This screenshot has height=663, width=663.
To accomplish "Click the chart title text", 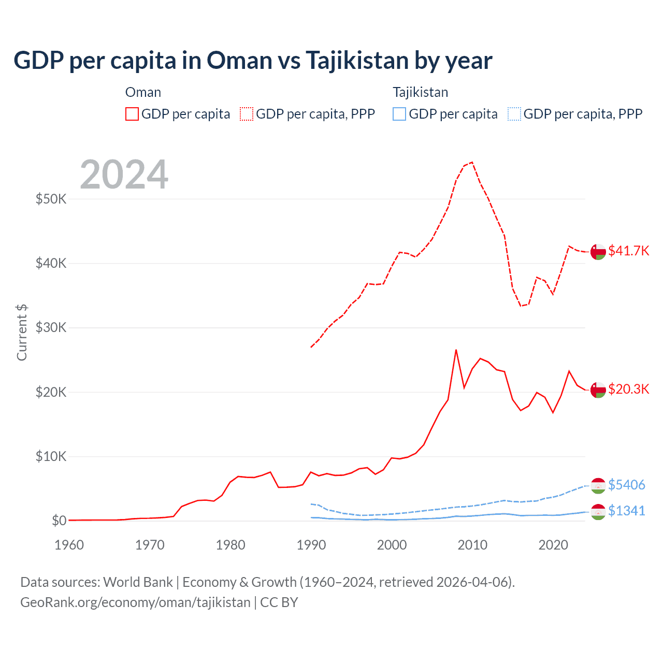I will (x=253, y=61).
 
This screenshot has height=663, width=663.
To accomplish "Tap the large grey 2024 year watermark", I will (x=124, y=175).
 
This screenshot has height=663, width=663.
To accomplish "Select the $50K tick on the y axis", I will (x=51, y=199).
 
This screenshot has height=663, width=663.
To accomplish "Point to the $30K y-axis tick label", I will (x=51, y=328).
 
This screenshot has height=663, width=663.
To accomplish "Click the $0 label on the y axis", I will (x=59, y=521).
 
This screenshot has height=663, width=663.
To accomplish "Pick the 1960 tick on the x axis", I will (x=69, y=545).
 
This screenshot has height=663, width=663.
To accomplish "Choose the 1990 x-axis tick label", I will (x=311, y=545).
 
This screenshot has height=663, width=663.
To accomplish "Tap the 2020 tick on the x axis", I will (x=553, y=545).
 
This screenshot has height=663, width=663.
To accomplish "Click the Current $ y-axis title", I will (x=22, y=332).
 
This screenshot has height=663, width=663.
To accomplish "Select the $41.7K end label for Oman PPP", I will (x=628, y=251).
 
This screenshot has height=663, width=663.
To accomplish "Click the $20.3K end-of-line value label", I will (x=628, y=389).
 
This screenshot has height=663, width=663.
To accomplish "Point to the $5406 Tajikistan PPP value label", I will (x=626, y=485).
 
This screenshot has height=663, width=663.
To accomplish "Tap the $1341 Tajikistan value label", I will (x=626, y=511).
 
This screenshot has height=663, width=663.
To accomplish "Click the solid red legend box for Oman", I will (x=132, y=114).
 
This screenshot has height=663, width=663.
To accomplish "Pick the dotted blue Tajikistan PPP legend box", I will (x=514, y=114).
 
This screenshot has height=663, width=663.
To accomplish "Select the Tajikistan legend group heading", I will (x=420, y=92).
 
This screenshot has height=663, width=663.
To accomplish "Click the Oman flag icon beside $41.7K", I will (x=598, y=251).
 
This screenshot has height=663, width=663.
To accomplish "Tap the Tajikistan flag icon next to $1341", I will (x=598, y=512).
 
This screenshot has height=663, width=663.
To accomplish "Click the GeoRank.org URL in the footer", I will (x=135, y=602).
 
